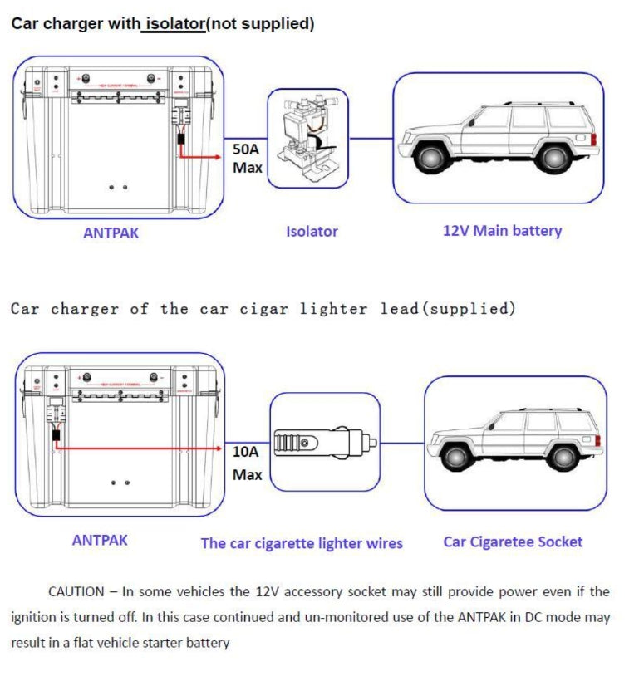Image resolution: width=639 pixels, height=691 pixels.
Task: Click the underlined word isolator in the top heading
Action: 175,24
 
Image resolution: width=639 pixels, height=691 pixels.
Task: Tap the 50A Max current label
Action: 247,158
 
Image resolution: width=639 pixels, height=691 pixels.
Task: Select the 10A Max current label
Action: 247,463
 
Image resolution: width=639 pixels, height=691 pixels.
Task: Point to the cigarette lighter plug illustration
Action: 325,442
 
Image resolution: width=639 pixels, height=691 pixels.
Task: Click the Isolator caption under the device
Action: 312,232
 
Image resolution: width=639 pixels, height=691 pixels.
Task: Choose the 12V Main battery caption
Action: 502,231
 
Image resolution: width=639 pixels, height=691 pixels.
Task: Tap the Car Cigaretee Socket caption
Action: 513,542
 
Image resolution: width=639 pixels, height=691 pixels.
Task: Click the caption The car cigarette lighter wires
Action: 302,543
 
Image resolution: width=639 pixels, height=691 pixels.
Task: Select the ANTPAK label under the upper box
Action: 111,233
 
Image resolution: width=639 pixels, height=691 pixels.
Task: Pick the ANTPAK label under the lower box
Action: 100,540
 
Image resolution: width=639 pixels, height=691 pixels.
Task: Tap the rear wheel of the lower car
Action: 565,456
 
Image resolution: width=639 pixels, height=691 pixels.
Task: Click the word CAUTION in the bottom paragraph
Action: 76,591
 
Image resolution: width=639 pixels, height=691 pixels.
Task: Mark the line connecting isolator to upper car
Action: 371,139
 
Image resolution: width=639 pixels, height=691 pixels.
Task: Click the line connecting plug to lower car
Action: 402,443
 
